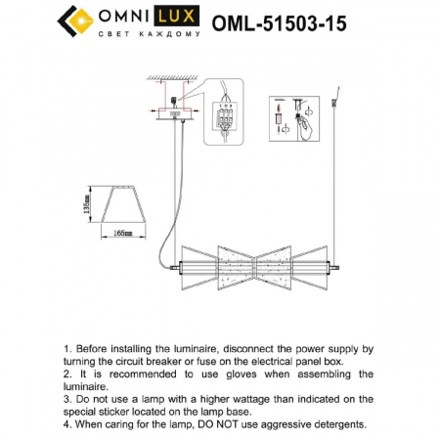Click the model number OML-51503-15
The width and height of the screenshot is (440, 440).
pyautogui.click(x=279, y=22)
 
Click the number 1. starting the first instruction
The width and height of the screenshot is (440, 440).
pyautogui.click(x=67, y=348)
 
